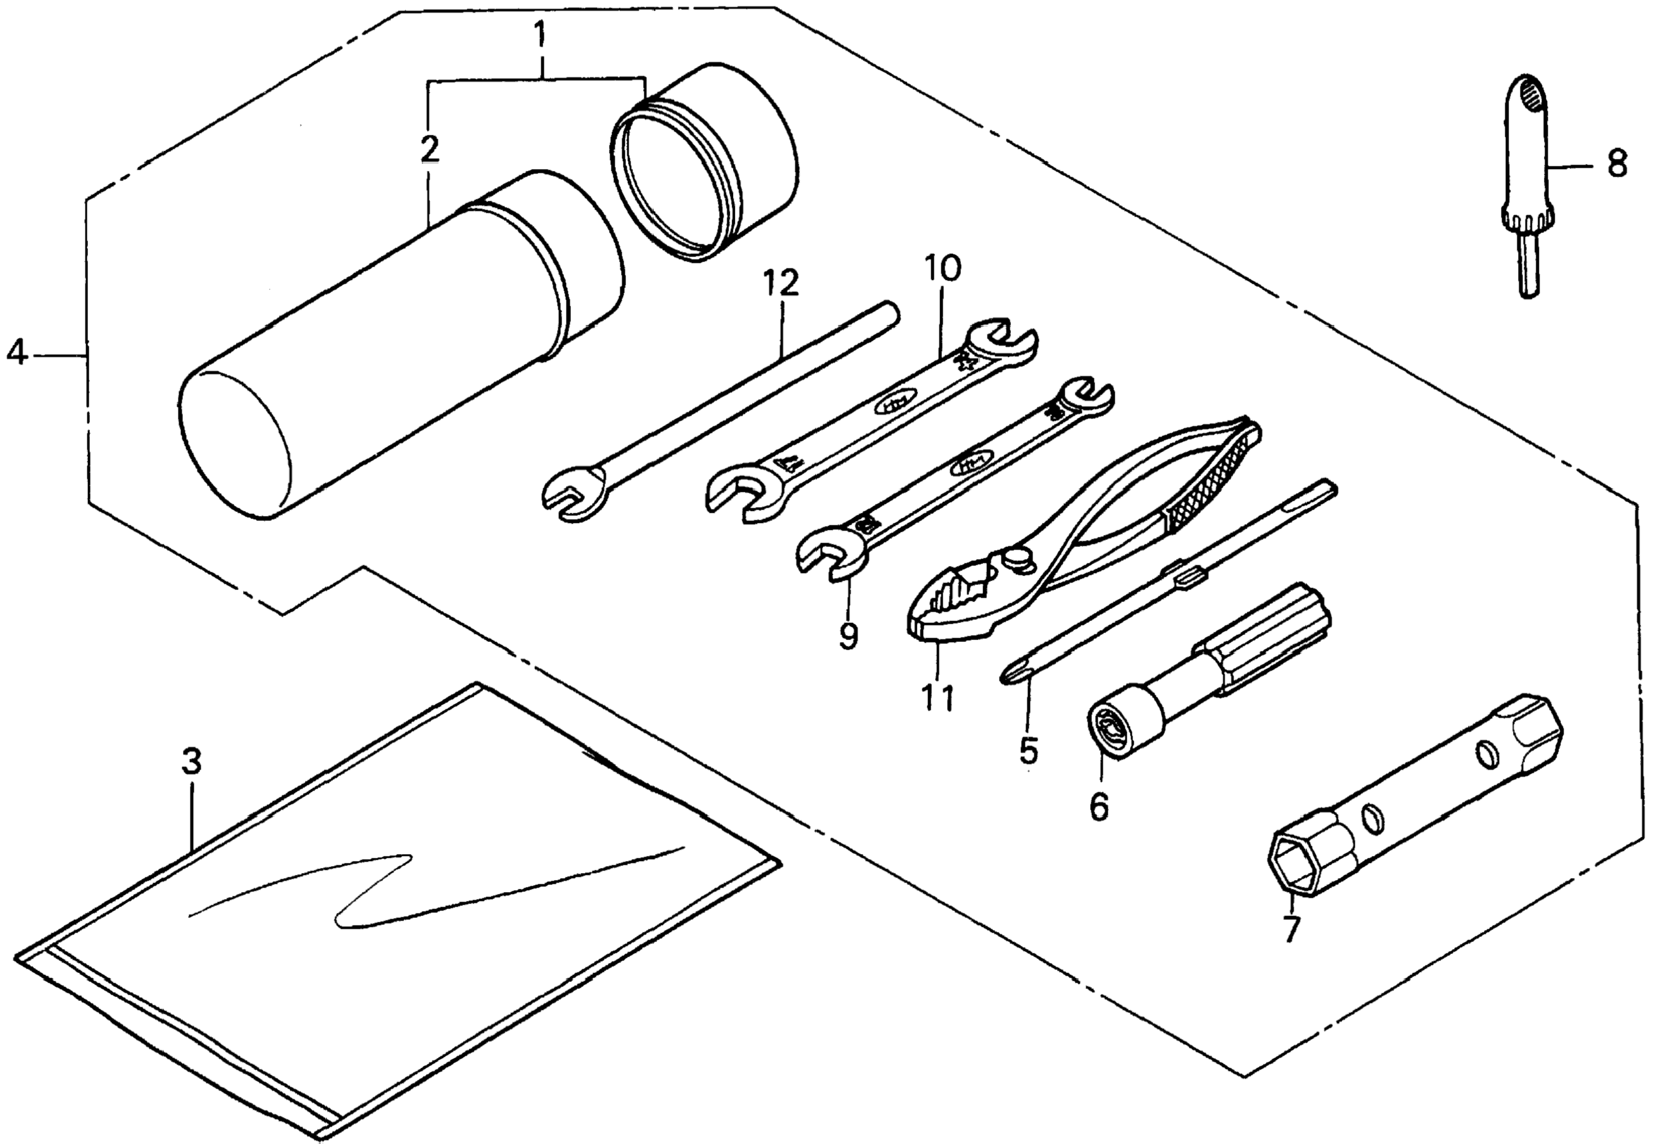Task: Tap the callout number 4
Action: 18,353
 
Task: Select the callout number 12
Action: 781,284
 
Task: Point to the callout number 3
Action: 191,761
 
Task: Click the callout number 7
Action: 1291,929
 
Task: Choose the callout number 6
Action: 1098,807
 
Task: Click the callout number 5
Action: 1027,750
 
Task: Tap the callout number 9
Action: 848,635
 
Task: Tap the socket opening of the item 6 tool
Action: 1103,731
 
